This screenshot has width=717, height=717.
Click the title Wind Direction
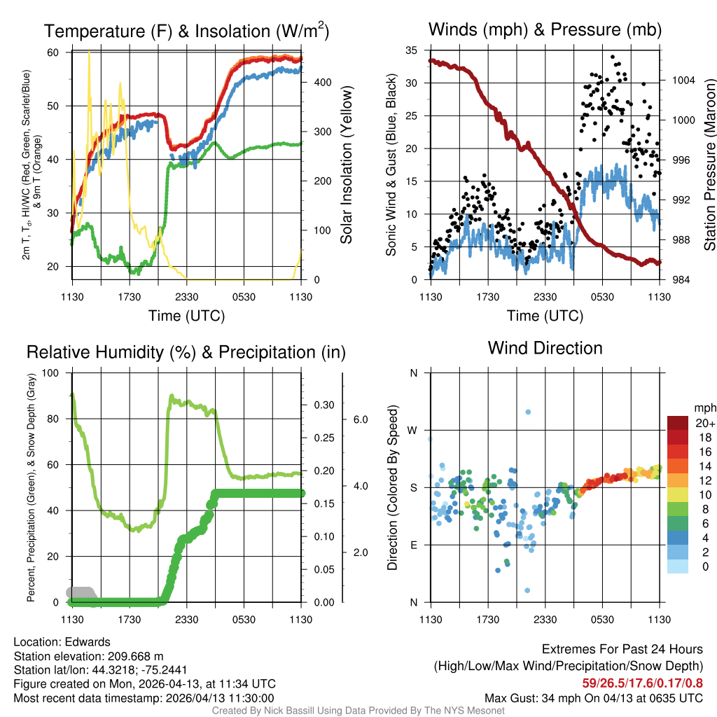(545, 348)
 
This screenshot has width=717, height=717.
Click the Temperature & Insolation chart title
(187, 31)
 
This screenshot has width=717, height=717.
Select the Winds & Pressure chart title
(545, 29)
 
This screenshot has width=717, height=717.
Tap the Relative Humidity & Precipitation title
(186, 352)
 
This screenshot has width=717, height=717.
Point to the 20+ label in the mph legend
(705, 423)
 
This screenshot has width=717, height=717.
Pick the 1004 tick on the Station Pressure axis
(682, 80)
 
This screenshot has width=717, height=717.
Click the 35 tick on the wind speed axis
(412, 50)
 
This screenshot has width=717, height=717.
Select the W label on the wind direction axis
(413, 430)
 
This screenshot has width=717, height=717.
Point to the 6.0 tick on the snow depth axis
(359, 419)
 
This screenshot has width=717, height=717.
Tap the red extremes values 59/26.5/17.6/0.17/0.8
(642, 683)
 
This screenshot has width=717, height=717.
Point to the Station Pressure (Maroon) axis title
(709, 163)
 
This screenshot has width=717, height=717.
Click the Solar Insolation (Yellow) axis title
(346, 165)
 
